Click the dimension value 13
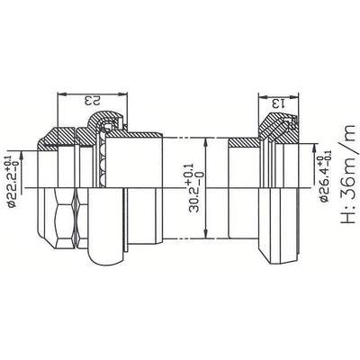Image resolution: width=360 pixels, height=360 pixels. [281, 101]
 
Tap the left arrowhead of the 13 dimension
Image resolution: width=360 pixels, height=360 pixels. [261, 93]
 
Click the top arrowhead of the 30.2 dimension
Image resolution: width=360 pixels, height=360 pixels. [210, 139]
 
